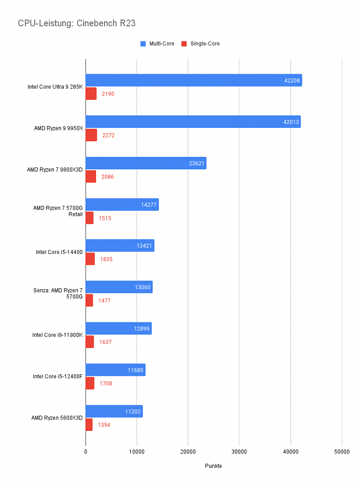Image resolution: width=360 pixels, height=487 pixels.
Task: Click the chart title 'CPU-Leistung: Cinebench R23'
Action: coord(77,23)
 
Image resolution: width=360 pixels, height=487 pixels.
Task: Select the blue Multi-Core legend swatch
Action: coord(143,44)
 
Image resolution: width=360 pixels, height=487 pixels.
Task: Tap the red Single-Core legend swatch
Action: coord(184,44)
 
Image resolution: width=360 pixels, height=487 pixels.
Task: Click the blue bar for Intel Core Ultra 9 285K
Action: coord(194,80)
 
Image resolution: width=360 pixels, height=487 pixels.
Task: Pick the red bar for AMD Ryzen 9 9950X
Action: coord(91,135)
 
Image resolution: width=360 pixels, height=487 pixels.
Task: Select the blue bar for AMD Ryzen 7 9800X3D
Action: coord(146,163)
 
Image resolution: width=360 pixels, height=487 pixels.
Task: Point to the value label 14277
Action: coord(149,205)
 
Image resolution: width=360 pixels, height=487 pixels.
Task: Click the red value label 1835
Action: coord(106,259)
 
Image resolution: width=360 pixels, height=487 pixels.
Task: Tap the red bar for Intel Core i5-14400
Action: coord(90,259)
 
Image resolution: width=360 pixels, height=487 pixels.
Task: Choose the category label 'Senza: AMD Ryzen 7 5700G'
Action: coord(58,293)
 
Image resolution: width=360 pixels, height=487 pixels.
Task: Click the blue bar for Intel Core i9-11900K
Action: coord(119,328)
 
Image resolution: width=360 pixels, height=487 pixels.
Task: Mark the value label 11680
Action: coord(136,370)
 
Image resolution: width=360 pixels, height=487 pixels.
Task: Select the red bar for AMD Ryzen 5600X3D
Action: coord(89,425)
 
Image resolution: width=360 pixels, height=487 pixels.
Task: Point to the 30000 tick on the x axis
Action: coord(239,452)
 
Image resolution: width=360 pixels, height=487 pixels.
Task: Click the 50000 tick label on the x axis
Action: coord(342,452)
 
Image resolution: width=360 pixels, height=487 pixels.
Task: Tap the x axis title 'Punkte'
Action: coord(214,466)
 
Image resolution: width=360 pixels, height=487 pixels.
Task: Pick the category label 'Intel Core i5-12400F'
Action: coord(58,377)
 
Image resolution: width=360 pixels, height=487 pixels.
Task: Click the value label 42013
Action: coord(291,122)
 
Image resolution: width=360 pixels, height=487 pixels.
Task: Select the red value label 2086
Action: coord(107,177)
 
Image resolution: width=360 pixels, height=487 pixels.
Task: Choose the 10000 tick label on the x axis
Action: coord(136,452)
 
